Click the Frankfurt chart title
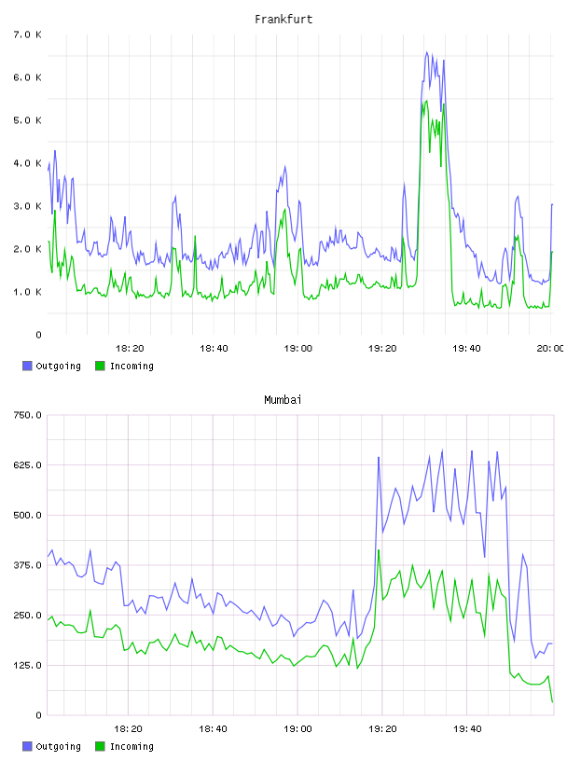pos(283,20)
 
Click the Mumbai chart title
pos(283,400)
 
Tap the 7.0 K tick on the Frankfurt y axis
pos(27,35)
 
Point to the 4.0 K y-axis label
pos(27,163)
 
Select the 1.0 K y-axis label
pos(27,292)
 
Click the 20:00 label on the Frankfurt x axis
pos(550,348)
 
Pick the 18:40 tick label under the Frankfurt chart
pos(214,348)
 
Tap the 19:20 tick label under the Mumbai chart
pos(382,728)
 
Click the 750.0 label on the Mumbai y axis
pos(27,415)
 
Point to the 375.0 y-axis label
pos(27,565)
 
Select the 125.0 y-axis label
pos(27,665)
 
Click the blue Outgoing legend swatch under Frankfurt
pos(27,366)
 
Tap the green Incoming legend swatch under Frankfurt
pos(100,366)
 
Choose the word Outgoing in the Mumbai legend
pos(58,746)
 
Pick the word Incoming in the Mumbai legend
pos(131,746)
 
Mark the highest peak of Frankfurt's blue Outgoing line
pos(427,52)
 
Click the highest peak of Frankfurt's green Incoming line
pos(427,101)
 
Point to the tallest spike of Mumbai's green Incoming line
pos(379,550)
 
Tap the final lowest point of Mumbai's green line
pos(552,702)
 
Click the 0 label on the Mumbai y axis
pos(38,715)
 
